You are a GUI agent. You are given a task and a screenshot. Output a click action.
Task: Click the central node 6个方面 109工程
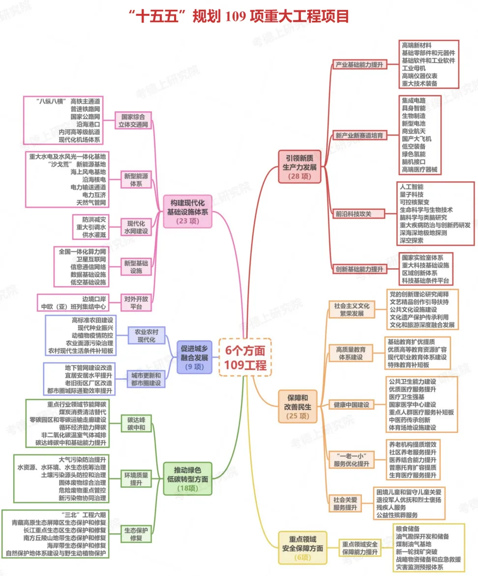click(245, 357)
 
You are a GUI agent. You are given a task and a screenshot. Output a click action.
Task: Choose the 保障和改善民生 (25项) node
click(298, 407)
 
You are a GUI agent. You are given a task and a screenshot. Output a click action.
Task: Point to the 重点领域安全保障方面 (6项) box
click(303, 547)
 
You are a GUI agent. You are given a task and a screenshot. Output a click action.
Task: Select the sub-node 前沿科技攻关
click(353, 214)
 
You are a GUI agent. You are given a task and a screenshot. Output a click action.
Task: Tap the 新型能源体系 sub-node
click(136, 179)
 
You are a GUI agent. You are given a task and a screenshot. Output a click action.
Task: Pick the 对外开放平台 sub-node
click(136, 302)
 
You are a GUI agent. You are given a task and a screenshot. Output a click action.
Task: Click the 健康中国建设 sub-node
click(352, 405)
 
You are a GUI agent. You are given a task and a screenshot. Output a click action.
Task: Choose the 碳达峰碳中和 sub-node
click(136, 423)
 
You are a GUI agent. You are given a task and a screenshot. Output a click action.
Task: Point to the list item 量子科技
click(411, 194)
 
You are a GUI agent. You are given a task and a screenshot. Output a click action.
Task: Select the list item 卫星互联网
click(88, 259)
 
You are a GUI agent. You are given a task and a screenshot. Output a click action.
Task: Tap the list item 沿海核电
click(94, 179)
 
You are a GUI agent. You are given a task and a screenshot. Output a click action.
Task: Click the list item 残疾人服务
click(391, 507)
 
